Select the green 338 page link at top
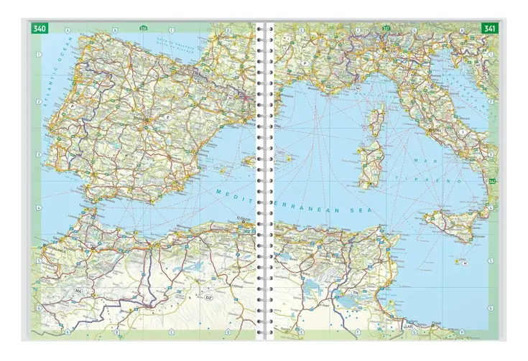[144, 29]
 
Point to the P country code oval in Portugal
[74, 104]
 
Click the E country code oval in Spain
[169, 116]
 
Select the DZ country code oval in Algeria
[210, 296]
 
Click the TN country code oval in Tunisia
[355, 293]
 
